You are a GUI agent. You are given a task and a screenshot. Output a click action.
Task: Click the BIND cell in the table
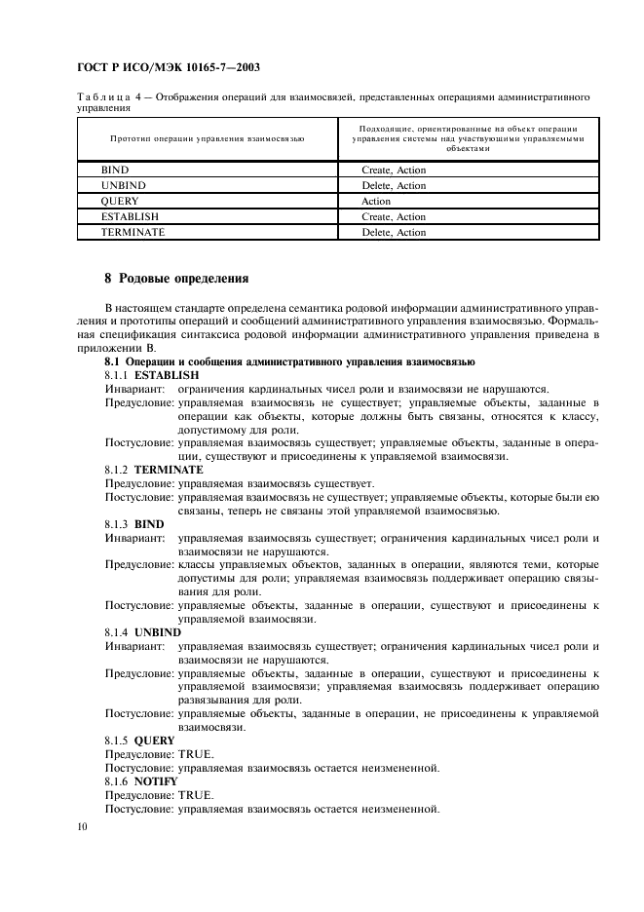(x=115, y=171)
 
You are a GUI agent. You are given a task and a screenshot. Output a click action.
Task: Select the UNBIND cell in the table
(x=122, y=186)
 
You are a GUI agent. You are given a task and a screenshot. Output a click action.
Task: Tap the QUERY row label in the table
(x=120, y=202)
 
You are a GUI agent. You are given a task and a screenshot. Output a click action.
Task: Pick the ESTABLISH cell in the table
(x=130, y=217)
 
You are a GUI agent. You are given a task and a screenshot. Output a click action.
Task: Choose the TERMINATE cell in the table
(x=133, y=233)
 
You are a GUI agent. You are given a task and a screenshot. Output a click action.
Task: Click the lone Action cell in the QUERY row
(x=376, y=202)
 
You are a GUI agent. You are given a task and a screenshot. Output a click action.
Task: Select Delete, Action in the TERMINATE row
(x=394, y=233)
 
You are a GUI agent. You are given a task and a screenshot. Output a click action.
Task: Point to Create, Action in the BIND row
(x=394, y=171)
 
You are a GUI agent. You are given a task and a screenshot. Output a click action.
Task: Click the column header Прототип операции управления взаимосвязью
(x=208, y=139)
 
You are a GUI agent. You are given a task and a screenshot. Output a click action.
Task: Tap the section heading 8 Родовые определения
(x=176, y=278)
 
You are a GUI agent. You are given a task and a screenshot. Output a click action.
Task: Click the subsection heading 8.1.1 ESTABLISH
(x=151, y=374)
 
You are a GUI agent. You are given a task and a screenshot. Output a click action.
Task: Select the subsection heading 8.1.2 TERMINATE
(x=154, y=469)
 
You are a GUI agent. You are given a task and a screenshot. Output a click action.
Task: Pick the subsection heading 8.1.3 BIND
(x=134, y=524)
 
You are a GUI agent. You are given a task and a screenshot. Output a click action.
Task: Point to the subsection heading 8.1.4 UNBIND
(x=142, y=631)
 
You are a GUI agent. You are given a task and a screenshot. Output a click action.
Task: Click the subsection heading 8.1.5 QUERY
(x=139, y=740)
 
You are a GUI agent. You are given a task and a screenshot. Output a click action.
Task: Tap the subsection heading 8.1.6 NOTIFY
(x=141, y=780)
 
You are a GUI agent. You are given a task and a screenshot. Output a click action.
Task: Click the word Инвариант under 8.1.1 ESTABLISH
(x=133, y=388)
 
